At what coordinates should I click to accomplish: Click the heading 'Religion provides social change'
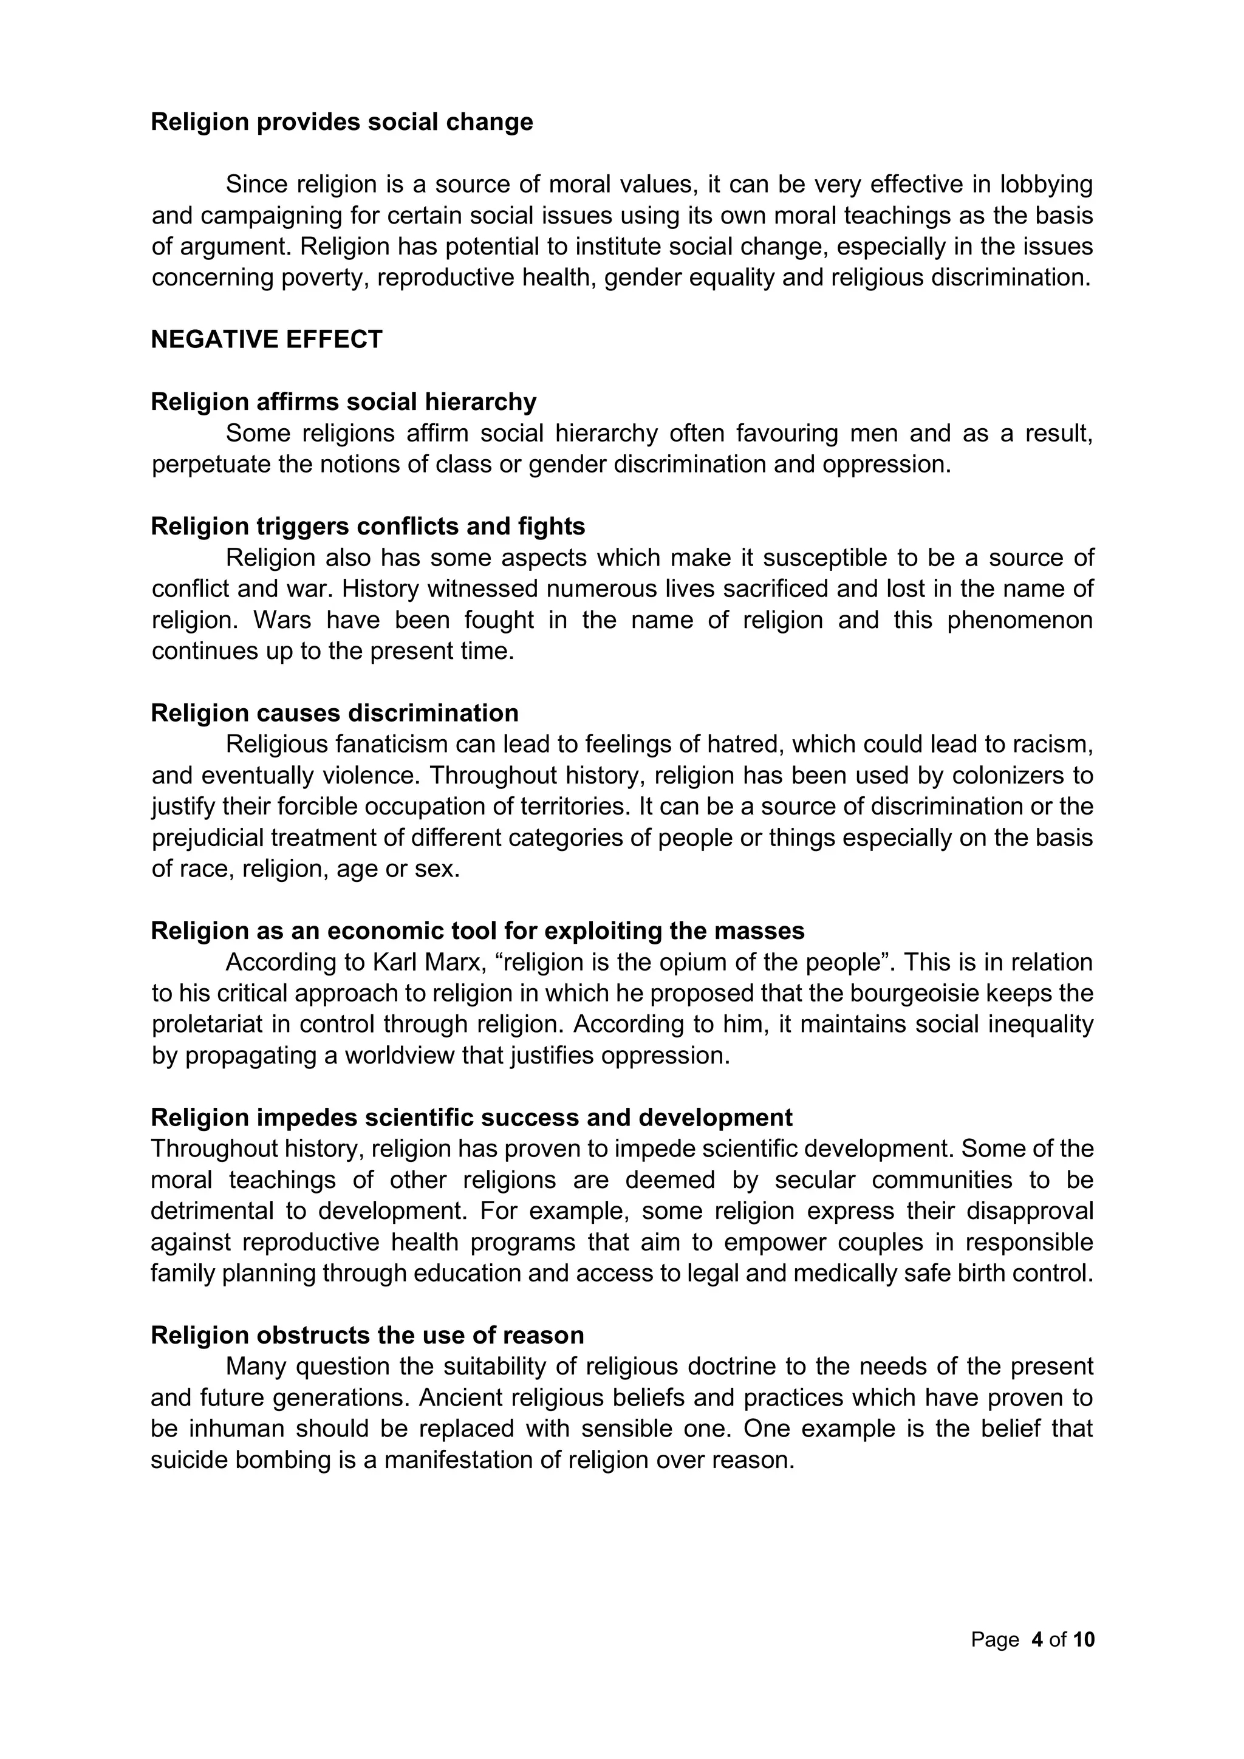(341, 122)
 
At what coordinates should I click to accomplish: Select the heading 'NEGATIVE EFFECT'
(267, 340)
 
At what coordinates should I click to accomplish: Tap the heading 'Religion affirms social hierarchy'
(343, 401)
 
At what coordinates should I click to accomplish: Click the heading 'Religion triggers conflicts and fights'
(367, 527)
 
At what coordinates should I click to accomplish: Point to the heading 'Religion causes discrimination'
(335, 712)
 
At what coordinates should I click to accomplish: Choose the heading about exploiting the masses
(477, 930)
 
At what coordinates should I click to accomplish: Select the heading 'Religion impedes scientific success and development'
(471, 1117)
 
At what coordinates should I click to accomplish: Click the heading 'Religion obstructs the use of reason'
(367, 1334)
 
